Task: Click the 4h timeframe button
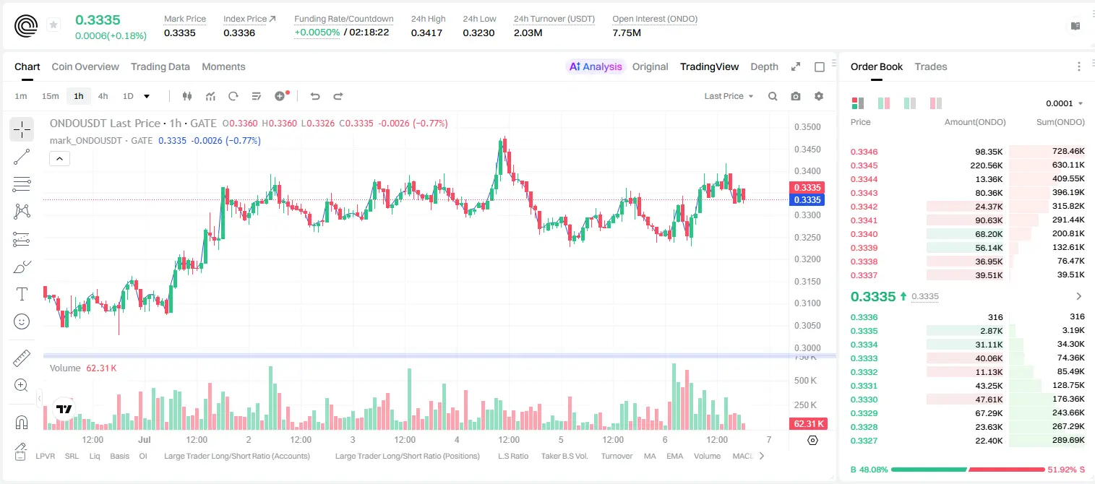coord(103,96)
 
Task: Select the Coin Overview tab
coord(85,66)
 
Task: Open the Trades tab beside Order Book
coord(930,66)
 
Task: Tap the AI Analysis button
coord(596,66)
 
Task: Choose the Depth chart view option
coord(764,66)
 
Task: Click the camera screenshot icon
coord(795,96)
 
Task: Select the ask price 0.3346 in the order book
coord(864,152)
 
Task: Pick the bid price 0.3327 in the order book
coord(864,441)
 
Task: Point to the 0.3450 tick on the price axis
coord(807,149)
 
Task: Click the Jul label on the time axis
coord(145,439)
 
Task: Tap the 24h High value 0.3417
coord(426,33)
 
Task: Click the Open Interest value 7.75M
coord(626,33)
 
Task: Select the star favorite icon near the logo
coord(53,25)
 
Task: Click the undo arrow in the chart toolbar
coord(315,96)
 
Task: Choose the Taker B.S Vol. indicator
coord(564,456)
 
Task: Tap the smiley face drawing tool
coord(22,321)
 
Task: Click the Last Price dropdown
coord(729,96)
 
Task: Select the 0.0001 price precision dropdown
coord(1064,103)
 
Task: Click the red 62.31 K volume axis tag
coord(807,423)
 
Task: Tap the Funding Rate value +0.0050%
coord(317,33)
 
